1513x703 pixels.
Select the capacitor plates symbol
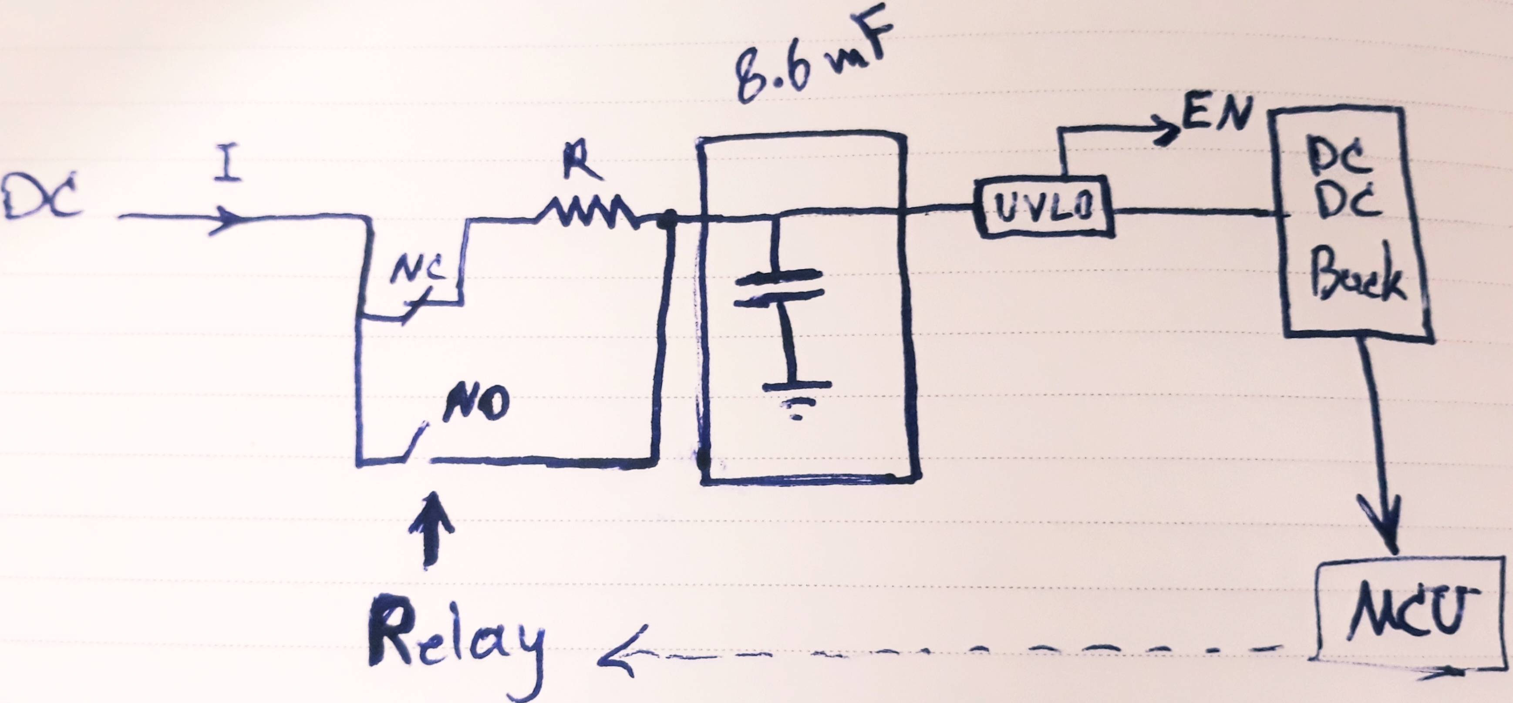click(778, 288)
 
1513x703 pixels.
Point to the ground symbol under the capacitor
click(796, 399)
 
